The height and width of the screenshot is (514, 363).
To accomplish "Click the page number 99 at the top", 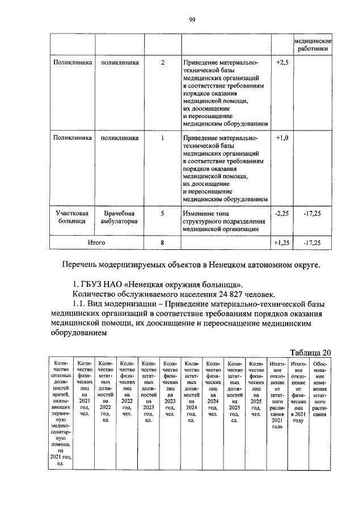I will click(192, 20).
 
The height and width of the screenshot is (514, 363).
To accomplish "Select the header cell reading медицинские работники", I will click(312, 46).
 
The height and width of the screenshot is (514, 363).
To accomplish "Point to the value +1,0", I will click(282, 138).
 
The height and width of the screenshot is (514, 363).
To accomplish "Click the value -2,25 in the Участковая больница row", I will click(282, 214).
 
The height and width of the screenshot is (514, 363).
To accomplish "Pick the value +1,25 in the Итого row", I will click(282, 243).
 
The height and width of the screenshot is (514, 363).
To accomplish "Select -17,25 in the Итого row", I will click(312, 243).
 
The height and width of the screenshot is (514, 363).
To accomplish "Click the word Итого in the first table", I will click(96, 243).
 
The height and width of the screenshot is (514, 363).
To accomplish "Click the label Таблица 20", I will click(310, 352).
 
